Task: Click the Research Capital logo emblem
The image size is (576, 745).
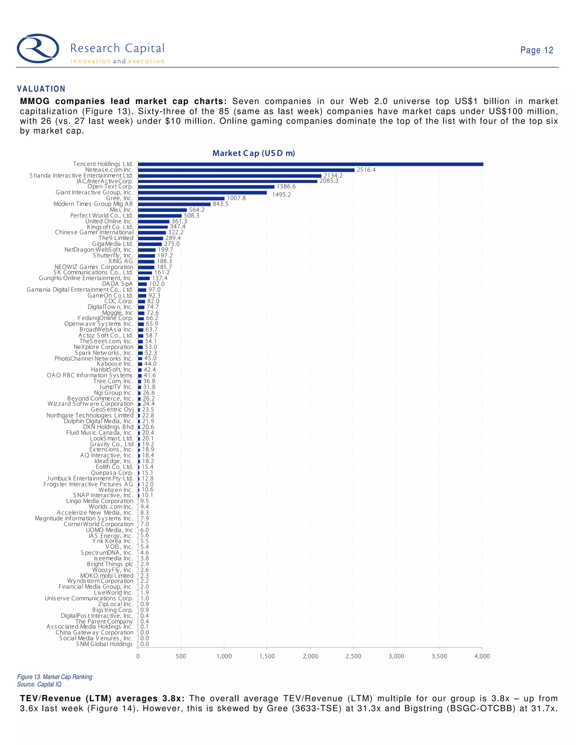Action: (x=38, y=48)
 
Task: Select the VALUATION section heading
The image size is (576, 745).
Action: (x=41, y=89)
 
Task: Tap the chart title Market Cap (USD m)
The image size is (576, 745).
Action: (x=253, y=153)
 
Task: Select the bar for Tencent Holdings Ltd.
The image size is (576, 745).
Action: (x=310, y=164)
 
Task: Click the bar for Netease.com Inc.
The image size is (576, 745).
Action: (x=246, y=170)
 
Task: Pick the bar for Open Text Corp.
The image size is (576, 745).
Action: (x=206, y=187)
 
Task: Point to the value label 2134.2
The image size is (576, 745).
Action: (x=333, y=175)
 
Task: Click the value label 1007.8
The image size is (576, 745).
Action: (x=236, y=198)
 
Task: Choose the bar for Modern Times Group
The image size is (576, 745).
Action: (x=174, y=204)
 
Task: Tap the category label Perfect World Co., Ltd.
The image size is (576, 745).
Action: (x=101, y=216)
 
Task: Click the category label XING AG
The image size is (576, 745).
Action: (x=121, y=261)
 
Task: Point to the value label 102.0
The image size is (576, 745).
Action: (x=157, y=284)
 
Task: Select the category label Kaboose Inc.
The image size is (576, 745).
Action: (x=115, y=364)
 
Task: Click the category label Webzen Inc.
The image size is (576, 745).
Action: (x=116, y=490)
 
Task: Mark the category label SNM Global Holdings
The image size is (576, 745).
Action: (x=104, y=644)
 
